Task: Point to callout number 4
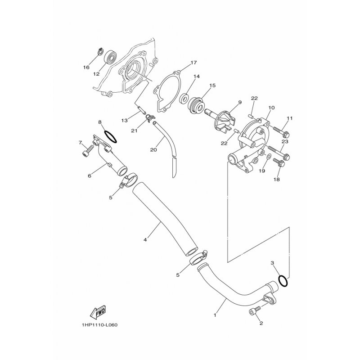pos(145,240)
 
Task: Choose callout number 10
pos(271,108)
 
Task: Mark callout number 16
pos(86,68)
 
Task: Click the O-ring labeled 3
pos(283,280)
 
